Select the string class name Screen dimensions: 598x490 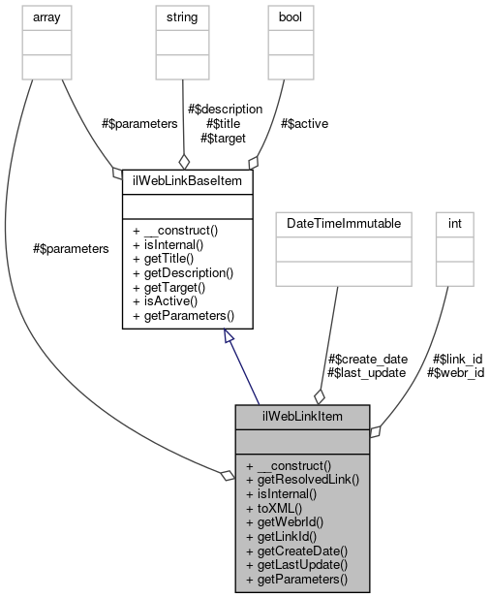pos(182,16)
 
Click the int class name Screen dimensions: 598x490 pos(454,223)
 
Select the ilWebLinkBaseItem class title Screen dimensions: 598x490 pos(187,180)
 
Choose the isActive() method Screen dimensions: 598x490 pos(167,301)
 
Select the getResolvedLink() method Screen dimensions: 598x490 pos(302,479)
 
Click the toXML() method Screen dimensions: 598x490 pos(274,507)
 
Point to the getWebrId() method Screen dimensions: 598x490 pos(285,521)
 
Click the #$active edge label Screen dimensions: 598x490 pos(302,123)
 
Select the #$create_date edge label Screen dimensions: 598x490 pos(367,359)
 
